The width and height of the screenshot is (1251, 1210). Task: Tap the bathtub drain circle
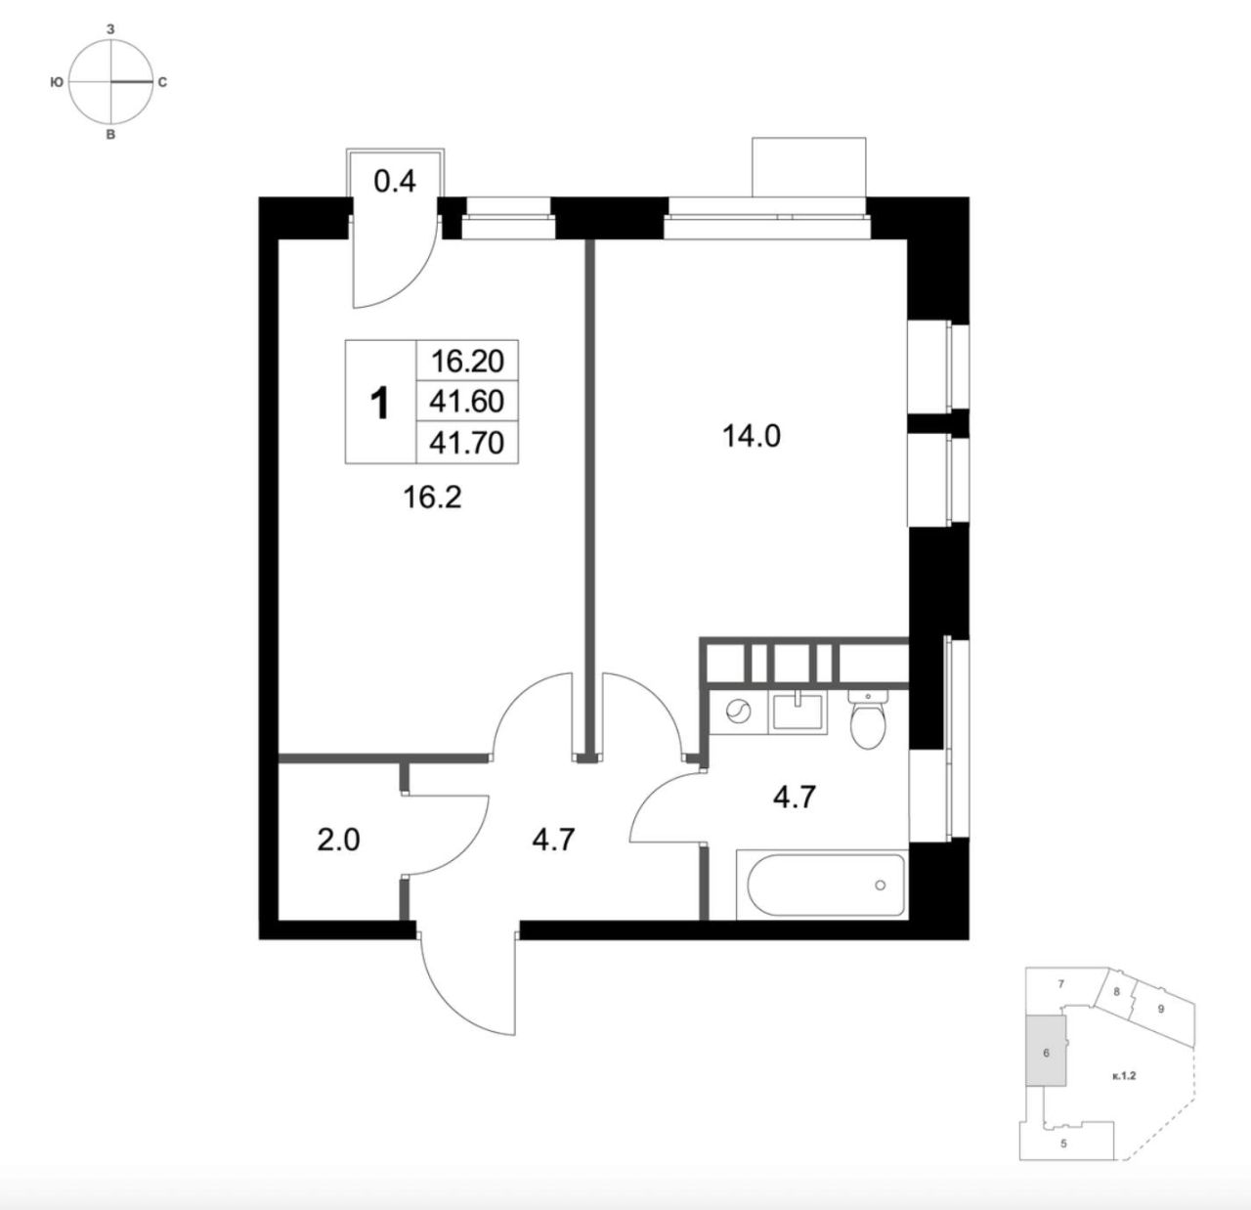[x=880, y=886]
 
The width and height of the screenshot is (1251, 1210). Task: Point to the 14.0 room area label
[x=752, y=437]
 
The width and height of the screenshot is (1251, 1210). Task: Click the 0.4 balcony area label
[x=395, y=182]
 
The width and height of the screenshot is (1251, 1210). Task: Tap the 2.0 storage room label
[x=338, y=841]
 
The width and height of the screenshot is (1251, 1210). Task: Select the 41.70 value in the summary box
[x=467, y=443]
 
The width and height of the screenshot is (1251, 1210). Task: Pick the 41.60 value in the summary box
[x=467, y=402]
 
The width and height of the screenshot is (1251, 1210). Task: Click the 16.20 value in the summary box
[x=467, y=362]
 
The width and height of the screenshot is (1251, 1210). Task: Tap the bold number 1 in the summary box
[x=380, y=403]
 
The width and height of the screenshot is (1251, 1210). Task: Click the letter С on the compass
[x=162, y=82]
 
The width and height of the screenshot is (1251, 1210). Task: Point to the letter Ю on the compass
[x=57, y=82]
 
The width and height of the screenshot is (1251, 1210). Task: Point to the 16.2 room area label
[x=432, y=497]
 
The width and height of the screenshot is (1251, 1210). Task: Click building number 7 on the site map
[x=1060, y=983]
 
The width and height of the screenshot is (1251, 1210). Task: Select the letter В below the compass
[x=110, y=135]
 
